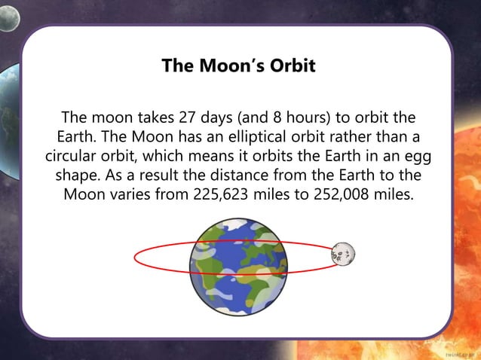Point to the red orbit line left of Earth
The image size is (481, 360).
pyautogui.click(x=136, y=258)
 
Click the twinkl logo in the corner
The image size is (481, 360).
pyautogui.click(x=458, y=352)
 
